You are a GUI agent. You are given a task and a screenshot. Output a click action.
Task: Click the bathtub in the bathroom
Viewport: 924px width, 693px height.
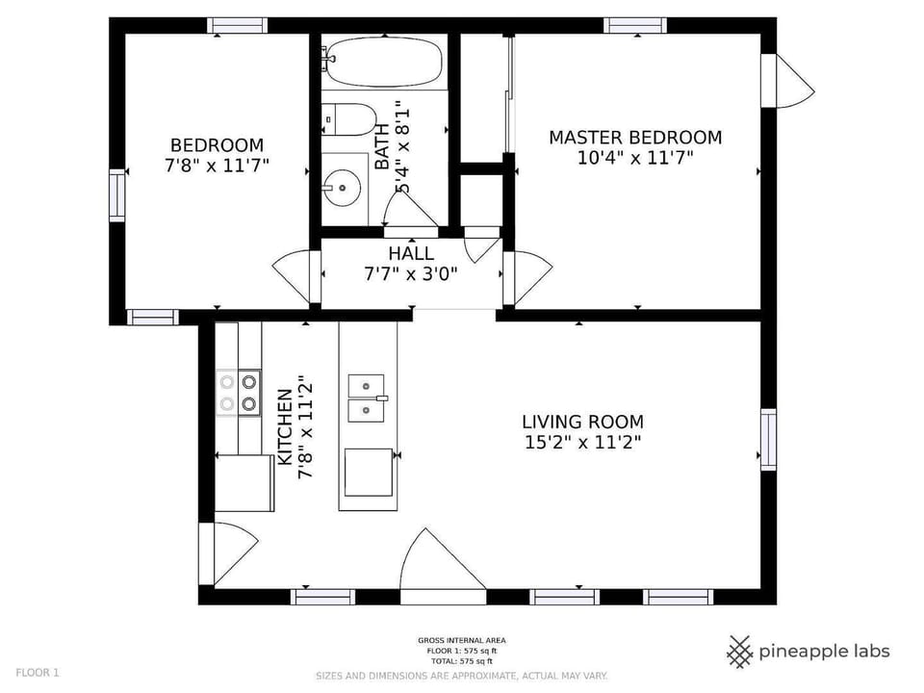385,63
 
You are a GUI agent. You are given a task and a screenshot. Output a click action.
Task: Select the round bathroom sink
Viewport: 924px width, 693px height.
343,185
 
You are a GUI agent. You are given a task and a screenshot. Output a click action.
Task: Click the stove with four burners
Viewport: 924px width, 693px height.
238,393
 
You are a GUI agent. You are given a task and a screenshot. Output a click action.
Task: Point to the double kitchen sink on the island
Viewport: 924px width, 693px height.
366,398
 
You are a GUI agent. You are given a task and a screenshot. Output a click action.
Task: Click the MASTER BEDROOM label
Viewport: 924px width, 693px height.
635,138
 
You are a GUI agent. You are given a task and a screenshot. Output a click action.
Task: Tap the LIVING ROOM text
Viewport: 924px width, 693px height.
582,422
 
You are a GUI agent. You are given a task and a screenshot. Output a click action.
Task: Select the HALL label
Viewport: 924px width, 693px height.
411,254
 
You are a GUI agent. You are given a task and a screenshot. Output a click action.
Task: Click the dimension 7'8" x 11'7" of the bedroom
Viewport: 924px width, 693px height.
217,166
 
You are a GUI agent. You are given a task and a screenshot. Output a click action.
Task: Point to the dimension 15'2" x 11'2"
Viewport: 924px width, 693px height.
582,443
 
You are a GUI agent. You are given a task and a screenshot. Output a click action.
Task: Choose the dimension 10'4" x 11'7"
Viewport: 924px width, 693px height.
635,159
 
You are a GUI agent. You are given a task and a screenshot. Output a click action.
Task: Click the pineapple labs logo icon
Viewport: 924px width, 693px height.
739,652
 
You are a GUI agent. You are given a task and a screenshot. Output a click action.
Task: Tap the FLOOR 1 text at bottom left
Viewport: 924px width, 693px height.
38,673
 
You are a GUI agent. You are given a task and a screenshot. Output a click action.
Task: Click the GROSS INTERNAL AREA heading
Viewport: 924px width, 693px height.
461,640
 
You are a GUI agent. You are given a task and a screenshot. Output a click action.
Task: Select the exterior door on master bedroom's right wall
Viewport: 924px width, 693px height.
787,82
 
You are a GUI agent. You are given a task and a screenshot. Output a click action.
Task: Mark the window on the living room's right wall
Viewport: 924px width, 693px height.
768,439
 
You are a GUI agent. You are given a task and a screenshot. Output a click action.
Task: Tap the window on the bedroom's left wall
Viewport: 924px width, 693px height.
116,194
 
